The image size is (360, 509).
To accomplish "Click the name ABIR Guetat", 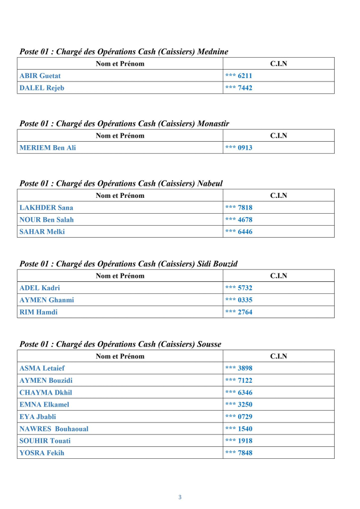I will click(40, 76).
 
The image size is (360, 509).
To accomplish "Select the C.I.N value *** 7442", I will click(239, 88).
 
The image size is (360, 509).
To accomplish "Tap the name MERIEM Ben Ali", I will click(48, 148).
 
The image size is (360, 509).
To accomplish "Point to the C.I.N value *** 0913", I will click(239, 148).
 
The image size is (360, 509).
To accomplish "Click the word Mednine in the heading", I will click(213, 51).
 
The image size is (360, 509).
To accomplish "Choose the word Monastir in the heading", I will click(213, 123).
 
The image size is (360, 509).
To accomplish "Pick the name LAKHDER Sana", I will click(46, 207).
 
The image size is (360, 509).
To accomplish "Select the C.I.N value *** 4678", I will click(239, 219).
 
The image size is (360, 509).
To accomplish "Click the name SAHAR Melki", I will click(42, 231).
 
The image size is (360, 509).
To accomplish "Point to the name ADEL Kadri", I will click(40, 288).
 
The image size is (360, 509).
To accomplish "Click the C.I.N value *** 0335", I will click(239, 300).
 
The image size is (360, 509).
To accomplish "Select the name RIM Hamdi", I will click(38, 312).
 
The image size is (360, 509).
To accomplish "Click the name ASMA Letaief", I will click(42, 368).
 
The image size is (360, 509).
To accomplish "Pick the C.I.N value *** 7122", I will click(239, 380).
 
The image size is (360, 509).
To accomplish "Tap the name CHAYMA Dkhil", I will click(45, 392).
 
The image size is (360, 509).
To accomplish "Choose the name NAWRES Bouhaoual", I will click(54, 428).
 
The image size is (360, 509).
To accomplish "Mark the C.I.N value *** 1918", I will click(239, 440).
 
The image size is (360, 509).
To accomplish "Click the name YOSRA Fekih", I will click(42, 452).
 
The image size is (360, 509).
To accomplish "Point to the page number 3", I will click(180, 497).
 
